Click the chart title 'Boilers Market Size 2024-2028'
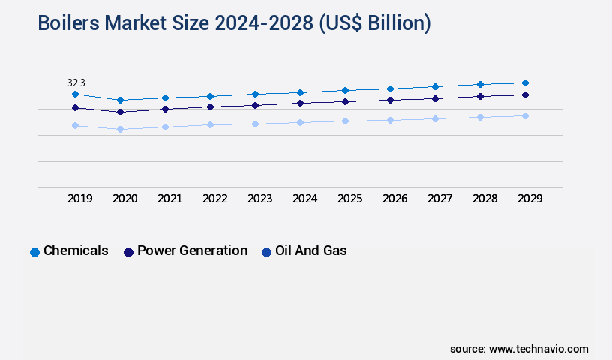234,23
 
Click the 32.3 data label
76,82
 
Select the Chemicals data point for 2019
75,94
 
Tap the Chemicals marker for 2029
525,82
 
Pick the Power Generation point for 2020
120,112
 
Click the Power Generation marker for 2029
525,94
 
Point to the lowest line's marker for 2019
75,125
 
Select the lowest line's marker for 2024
300,122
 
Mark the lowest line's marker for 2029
525,115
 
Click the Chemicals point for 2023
255,94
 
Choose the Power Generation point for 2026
390,100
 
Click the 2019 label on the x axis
80,199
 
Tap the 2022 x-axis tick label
215,199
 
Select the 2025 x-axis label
350,199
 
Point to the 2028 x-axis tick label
485,199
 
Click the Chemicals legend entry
69,251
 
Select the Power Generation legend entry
185,251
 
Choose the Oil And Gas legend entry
304,251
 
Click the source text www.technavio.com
519,349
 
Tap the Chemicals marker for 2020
120,100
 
